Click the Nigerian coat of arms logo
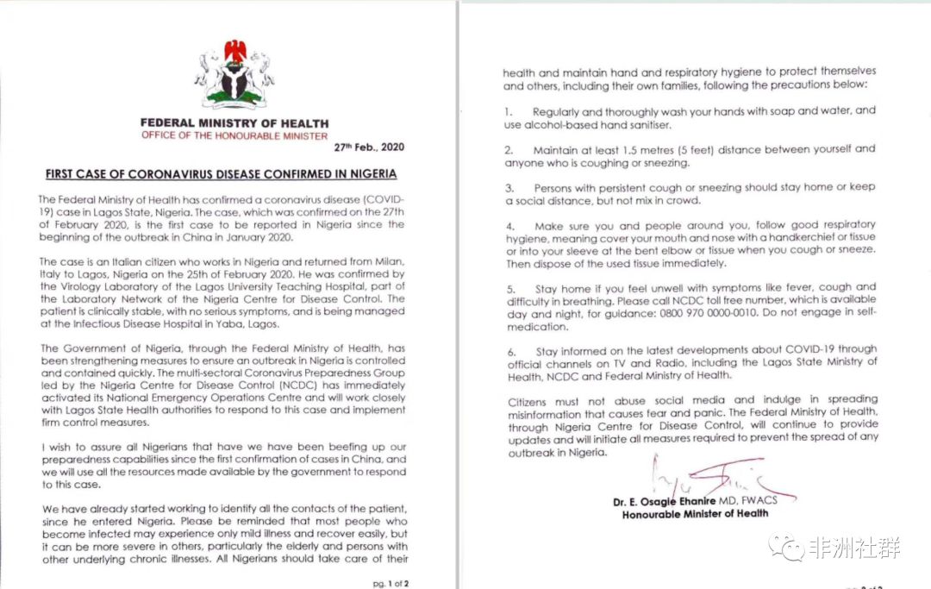click(234, 77)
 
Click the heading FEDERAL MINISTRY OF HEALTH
click(234, 123)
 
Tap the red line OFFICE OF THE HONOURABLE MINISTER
click(234, 136)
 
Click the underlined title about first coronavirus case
click(222, 173)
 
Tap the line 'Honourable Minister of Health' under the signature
click(684, 514)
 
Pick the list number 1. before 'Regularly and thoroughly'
click(509, 112)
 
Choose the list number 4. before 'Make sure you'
click(509, 224)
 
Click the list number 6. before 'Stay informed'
click(509, 351)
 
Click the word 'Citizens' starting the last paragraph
click(528, 400)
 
